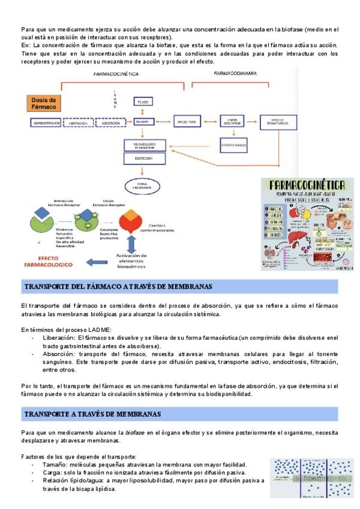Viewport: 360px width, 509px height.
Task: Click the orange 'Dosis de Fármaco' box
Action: coord(44,103)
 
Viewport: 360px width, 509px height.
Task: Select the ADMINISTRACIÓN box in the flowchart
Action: coord(45,122)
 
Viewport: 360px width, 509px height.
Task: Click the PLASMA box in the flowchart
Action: coord(142,122)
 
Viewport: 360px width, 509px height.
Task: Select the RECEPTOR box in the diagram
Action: coord(187,122)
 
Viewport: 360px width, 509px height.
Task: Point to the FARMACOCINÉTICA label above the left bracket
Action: coord(116,73)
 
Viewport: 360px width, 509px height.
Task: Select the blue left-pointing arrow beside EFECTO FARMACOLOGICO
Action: coord(97,261)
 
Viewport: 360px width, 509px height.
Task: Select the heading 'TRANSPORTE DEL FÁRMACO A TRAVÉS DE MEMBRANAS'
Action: coord(118,287)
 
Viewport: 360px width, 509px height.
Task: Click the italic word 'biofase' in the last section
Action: coord(134,432)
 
